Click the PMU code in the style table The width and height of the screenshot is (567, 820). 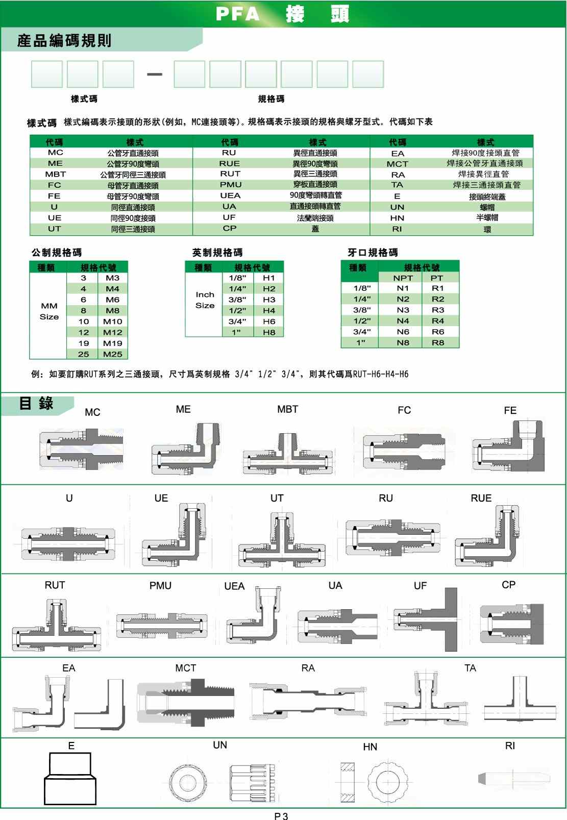point(231,185)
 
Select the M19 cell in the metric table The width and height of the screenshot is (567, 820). point(112,343)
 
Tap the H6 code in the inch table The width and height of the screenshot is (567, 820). point(269,321)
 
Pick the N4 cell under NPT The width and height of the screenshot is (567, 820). point(403,321)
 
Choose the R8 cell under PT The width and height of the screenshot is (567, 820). point(437,343)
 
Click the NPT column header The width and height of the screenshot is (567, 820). point(403,278)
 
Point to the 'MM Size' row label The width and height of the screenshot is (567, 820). point(49,311)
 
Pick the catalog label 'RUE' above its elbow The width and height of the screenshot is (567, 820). point(481,498)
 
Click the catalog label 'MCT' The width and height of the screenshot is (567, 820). point(185,668)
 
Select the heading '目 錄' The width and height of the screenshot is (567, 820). point(36,404)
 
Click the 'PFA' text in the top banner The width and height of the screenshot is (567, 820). point(238,14)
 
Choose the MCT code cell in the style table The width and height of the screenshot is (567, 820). point(397,164)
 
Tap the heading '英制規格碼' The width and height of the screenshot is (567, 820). point(217,253)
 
